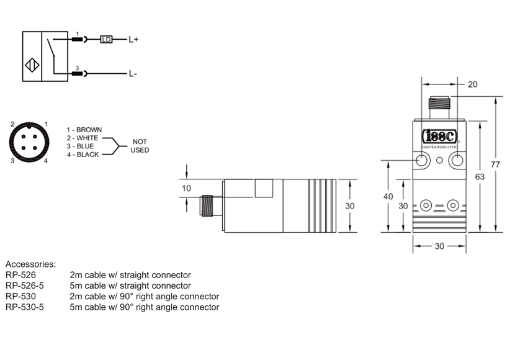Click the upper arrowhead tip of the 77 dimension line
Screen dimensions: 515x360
tap(496, 97)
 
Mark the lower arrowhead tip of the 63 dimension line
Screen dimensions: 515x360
tap(480, 232)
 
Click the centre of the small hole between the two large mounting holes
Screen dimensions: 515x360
tap(439, 160)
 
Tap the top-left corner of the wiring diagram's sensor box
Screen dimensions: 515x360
tap(22, 32)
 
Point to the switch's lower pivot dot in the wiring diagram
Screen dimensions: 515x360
tap(54, 56)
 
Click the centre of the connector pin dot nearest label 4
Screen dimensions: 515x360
tap(35, 148)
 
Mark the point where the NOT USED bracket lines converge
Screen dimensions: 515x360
tap(119, 146)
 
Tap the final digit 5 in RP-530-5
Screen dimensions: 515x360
tap(42, 307)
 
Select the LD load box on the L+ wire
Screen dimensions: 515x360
tap(106, 40)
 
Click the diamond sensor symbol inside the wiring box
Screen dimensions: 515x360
tap(32, 65)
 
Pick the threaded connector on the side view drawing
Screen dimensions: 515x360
tap(207, 205)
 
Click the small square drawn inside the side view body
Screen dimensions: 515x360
tap(264, 188)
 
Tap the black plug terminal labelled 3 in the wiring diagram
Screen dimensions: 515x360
tap(77, 74)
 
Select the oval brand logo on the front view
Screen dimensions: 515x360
tap(439, 136)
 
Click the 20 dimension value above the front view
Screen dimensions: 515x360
tap(472, 84)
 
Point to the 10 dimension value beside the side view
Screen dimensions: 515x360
tap(186, 188)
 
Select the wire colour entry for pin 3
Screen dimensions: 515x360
tap(81, 146)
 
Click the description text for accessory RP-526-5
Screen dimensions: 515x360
tap(130, 286)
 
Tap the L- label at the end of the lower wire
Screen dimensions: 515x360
tap(133, 74)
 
